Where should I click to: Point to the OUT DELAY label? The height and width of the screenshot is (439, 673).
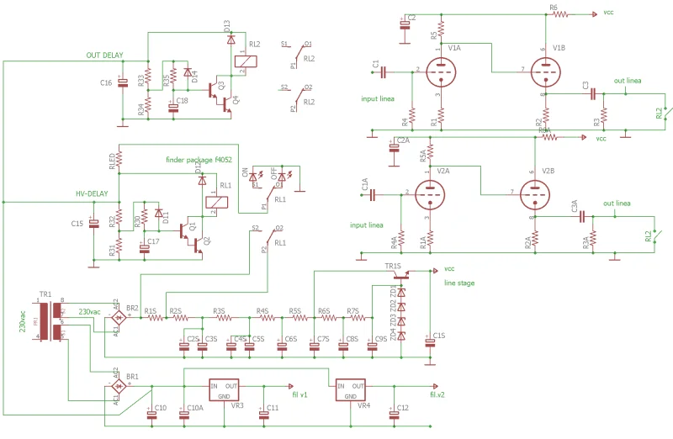click(105, 56)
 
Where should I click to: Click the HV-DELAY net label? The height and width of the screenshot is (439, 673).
click(93, 194)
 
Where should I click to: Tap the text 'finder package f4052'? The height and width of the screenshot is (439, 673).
click(198, 159)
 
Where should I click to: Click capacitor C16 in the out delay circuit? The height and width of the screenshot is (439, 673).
click(123, 82)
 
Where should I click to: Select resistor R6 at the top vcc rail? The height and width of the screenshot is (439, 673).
click(560, 14)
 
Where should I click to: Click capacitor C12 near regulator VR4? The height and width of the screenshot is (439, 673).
click(393, 412)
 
